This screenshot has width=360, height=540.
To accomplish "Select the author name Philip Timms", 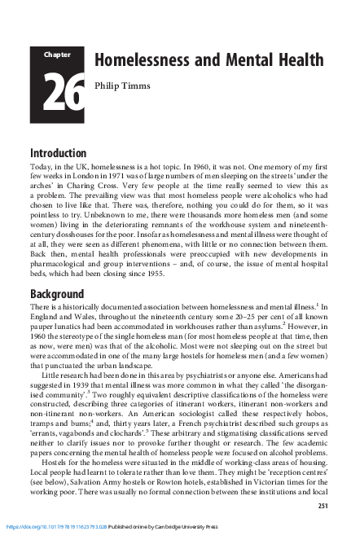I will (x=120, y=85).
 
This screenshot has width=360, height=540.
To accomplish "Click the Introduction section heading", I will (x=59, y=153).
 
